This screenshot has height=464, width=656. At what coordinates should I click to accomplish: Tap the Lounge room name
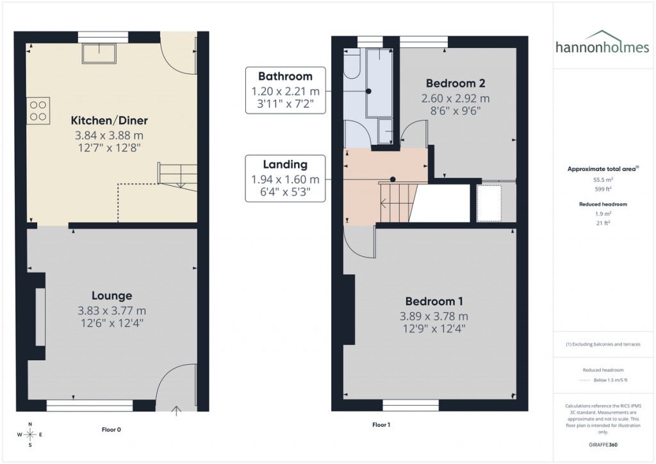111,295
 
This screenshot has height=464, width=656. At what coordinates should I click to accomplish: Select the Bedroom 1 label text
434,301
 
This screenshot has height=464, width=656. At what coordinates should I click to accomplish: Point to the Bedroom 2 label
455,83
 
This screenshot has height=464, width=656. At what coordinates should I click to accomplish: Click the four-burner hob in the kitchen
38,110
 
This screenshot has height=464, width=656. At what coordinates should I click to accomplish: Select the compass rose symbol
28,434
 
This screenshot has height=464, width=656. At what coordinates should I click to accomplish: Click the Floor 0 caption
111,429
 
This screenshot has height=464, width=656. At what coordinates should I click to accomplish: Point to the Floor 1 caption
382,424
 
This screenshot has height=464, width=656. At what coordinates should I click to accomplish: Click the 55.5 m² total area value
602,181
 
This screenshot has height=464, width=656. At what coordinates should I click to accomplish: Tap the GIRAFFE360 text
602,444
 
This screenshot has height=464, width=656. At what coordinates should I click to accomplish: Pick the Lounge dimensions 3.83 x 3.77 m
111,311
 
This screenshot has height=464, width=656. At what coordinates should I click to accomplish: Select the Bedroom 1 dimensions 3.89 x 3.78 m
434,316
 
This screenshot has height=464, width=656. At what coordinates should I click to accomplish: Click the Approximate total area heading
602,169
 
